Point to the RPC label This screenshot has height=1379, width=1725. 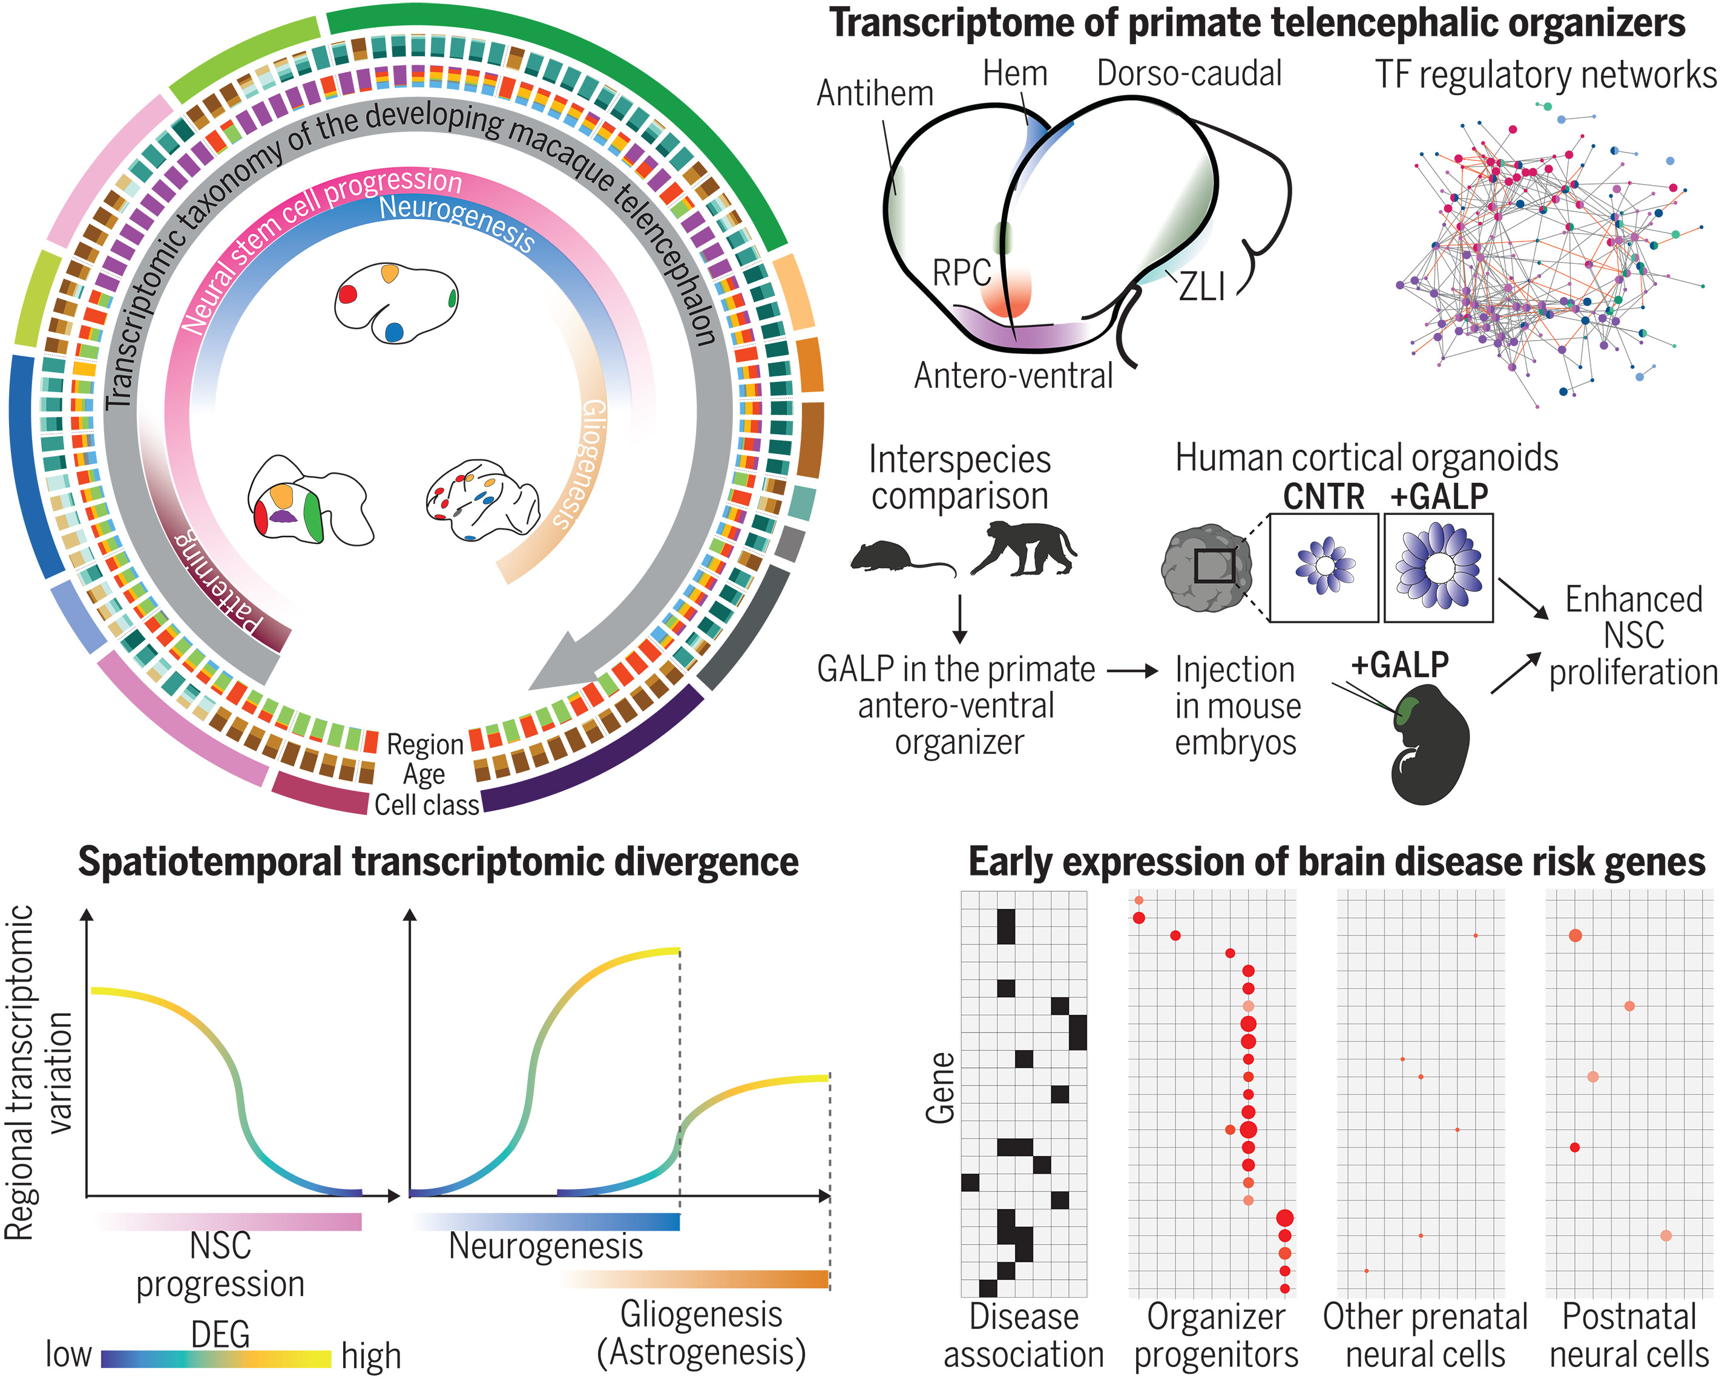click(962, 274)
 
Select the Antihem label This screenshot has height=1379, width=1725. click(875, 94)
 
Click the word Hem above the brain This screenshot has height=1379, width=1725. click(1014, 74)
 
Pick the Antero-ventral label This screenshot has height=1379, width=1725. click(1013, 376)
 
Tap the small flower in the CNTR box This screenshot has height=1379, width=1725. click(1325, 566)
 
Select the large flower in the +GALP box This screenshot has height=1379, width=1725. click(1437, 566)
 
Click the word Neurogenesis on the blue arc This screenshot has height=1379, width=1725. click(456, 222)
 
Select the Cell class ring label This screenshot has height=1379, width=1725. click(427, 805)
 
